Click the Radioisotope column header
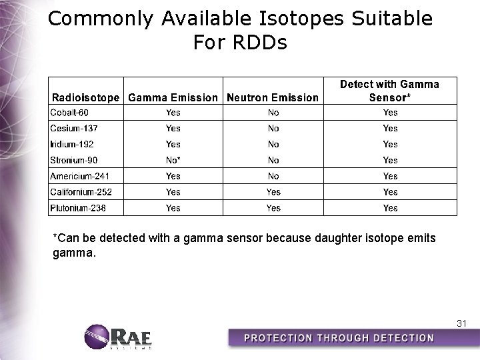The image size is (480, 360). (x=86, y=97)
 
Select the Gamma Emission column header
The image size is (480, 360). (x=173, y=97)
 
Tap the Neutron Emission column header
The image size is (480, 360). (x=273, y=97)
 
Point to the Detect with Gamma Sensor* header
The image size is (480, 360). (x=390, y=91)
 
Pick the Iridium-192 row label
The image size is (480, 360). (x=72, y=144)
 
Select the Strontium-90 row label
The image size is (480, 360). (x=75, y=160)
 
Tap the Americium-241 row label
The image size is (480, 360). (x=79, y=176)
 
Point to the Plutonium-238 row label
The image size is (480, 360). (x=77, y=208)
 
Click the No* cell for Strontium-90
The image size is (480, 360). (x=173, y=160)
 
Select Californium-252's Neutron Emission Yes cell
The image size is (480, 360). (x=273, y=192)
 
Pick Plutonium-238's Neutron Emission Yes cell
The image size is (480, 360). (x=273, y=208)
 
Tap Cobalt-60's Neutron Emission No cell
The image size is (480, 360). (x=273, y=112)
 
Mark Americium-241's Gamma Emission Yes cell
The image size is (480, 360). (x=173, y=176)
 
